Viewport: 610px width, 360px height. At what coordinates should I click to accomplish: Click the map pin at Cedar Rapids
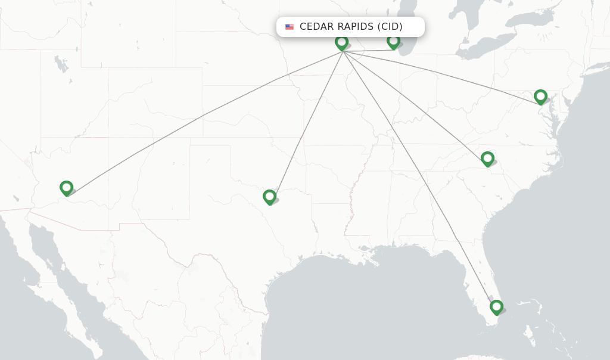tap(341, 42)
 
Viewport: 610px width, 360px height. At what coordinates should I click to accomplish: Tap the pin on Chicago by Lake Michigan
tap(393, 41)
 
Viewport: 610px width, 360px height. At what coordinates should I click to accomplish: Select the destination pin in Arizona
tap(66, 188)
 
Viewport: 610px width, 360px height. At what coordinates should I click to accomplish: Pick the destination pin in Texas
tap(269, 197)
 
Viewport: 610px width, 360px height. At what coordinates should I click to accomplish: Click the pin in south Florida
tap(496, 307)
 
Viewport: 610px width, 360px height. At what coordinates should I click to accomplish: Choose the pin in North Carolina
tap(487, 159)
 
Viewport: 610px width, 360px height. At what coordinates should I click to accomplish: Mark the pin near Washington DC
tap(540, 97)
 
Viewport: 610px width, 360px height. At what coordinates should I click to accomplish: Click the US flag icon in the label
tap(290, 27)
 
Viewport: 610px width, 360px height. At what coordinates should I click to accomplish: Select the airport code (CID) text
tap(390, 27)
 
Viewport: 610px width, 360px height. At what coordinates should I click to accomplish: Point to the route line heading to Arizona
tap(203, 115)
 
